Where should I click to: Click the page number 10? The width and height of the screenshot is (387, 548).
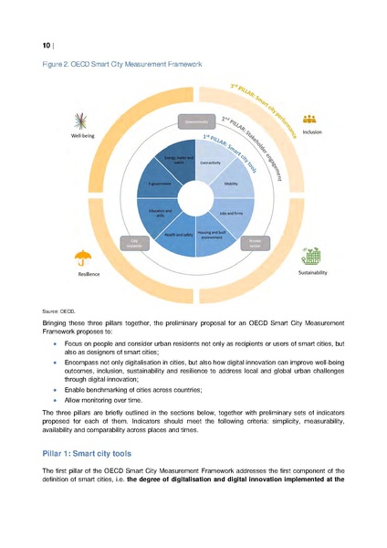(x=47, y=44)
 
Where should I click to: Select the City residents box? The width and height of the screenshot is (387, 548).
(x=132, y=243)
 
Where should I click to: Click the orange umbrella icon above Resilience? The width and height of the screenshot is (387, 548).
(x=84, y=258)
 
